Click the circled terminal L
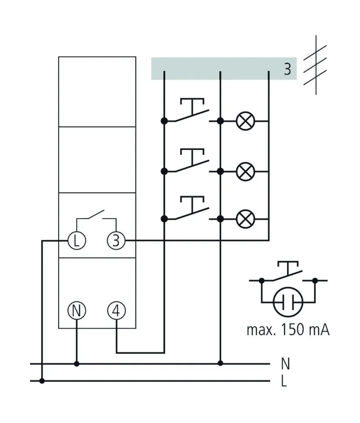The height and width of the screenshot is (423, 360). click(77, 240)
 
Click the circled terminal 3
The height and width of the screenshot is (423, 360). click(115, 240)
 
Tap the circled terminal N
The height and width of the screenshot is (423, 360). click(77, 310)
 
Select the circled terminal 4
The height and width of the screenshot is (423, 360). click(116, 310)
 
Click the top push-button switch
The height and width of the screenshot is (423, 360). click(192, 112)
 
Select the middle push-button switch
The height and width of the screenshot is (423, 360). click(192, 162)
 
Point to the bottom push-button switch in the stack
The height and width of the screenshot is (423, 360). click(192, 210)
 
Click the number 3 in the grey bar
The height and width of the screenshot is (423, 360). click(287, 69)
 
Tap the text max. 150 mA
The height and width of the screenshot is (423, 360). click(288, 330)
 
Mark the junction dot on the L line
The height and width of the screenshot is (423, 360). click(42, 381)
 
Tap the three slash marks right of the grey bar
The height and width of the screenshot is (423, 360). click(315, 68)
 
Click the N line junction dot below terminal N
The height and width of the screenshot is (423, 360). click(77, 363)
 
